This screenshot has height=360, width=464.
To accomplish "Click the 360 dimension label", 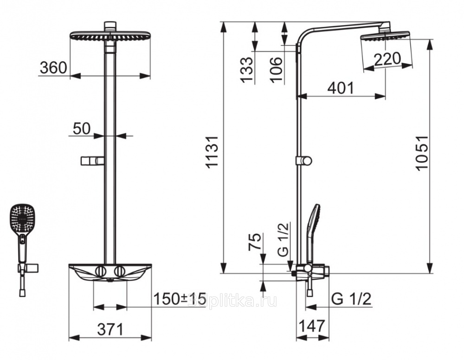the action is [53, 68].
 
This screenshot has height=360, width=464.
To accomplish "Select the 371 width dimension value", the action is [110, 329].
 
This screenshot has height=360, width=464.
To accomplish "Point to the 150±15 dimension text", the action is [179, 299].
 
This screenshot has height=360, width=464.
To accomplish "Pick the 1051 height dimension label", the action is [422, 153].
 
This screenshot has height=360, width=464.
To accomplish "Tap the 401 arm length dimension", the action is [341, 88].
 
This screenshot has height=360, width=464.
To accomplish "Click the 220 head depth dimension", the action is [387, 59].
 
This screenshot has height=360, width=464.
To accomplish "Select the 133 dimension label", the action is [246, 70].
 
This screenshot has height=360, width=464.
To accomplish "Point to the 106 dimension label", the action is [276, 70].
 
